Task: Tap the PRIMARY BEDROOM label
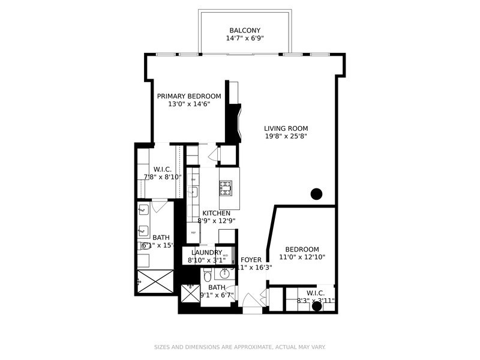189,96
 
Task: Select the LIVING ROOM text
286,128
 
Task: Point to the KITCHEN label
216,214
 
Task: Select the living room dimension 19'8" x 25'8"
286,136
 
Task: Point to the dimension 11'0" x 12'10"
302,257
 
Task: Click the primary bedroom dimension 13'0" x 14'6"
189,104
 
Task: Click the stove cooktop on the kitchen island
226,188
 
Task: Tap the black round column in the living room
316,194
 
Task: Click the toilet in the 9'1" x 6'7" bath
207,275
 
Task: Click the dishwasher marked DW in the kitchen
193,179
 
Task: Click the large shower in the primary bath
155,280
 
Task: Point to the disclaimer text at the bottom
240,347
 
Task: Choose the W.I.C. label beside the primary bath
163,169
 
